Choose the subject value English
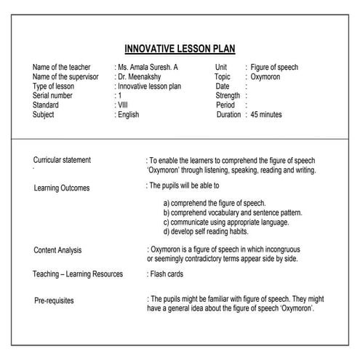coord(129,115)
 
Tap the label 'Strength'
coord(228,96)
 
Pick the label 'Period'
coord(225,105)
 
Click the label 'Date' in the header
coord(223,87)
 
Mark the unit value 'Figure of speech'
coord(274,68)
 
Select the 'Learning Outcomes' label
coord(62,188)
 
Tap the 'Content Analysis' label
coord(57,250)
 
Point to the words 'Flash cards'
coord(167,274)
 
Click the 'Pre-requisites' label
coord(54,300)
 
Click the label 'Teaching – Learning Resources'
coord(78,274)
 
